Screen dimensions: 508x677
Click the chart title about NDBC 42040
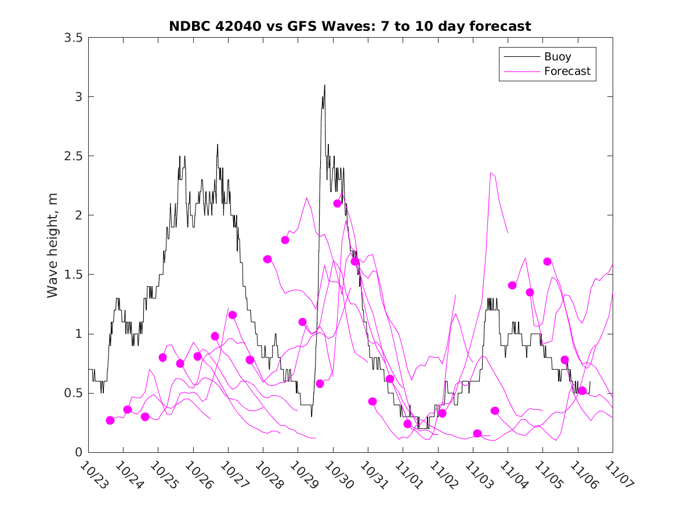[x=350, y=26]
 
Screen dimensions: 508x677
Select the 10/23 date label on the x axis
[x=93, y=474]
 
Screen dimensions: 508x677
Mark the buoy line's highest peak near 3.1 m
[x=324, y=85]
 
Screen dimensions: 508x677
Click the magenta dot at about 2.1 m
[x=338, y=203]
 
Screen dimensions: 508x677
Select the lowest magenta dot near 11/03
[x=477, y=433]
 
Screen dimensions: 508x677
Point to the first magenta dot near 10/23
[x=110, y=420]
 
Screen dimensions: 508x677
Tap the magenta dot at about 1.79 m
[x=285, y=240]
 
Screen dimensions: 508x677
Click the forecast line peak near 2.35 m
[x=491, y=172]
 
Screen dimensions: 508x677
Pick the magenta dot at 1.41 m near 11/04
[x=512, y=285]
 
